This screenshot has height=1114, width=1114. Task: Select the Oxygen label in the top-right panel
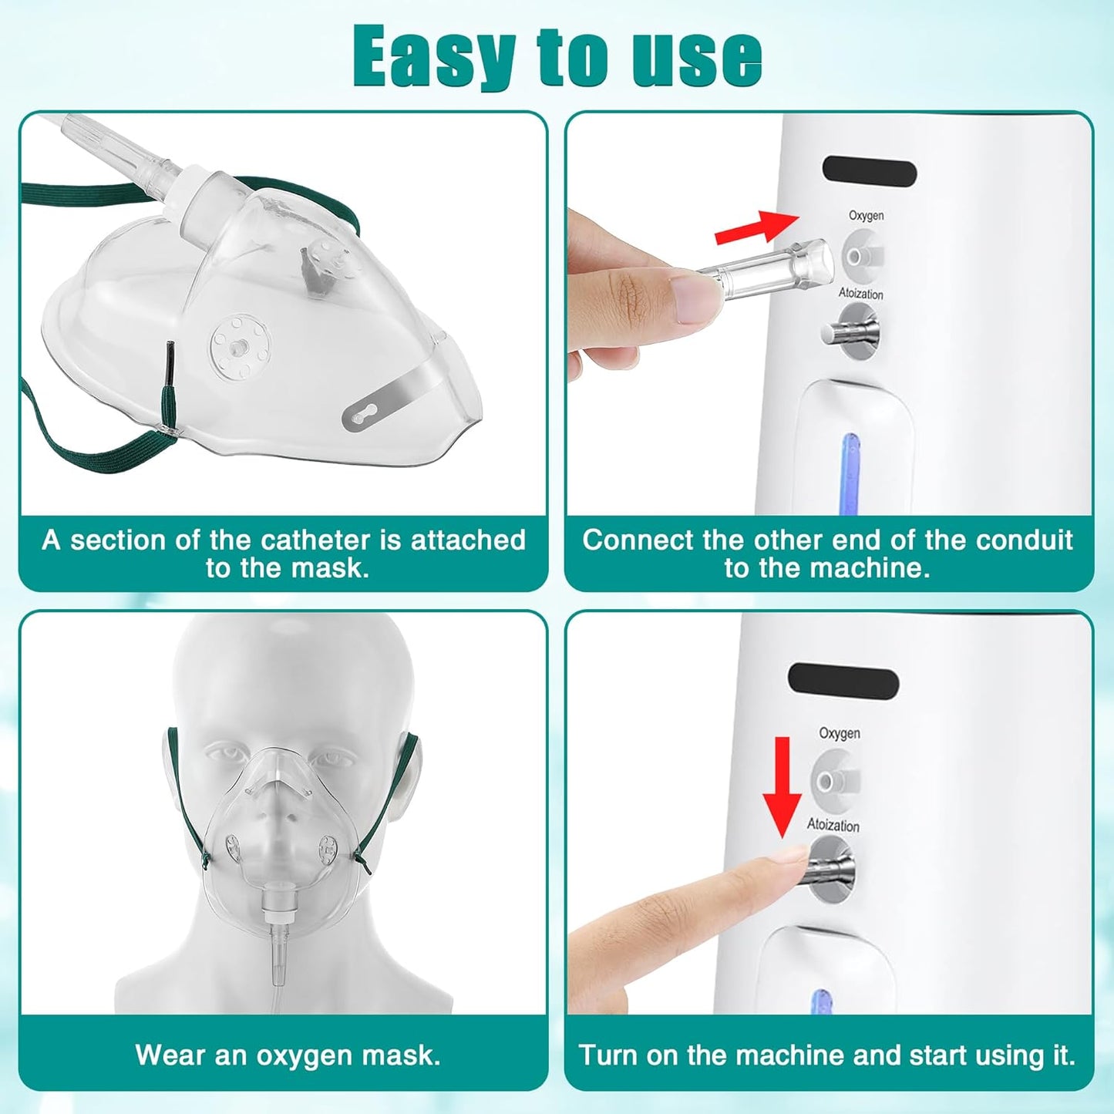pos(866,216)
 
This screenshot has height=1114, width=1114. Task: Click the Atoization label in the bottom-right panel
pos(833,825)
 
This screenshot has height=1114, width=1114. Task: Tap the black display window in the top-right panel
pos(869,171)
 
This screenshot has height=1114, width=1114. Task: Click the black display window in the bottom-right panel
pos(843,682)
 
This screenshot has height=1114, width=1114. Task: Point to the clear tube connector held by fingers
pos(771,266)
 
